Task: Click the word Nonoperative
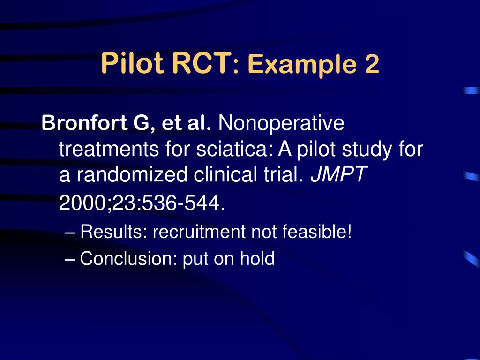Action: [x=281, y=124]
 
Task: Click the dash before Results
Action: [x=70, y=232]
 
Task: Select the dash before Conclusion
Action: [x=70, y=258]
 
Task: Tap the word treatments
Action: [x=109, y=150]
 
